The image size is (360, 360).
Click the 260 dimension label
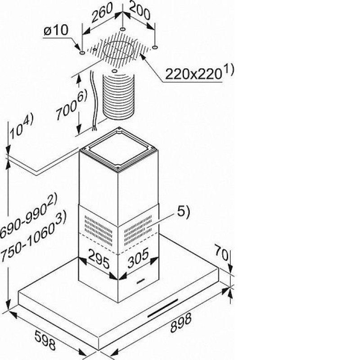click(x=102, y=12)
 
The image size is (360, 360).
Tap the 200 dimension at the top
click(x=140, y=11)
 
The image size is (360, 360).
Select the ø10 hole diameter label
click(x=56, y=30)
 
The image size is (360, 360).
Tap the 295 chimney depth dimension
click(x=99, y=259)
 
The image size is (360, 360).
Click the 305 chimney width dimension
click(x=138, y=258)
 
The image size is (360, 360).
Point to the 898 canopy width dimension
click(x=181, y=323)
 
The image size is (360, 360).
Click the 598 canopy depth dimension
click(x=45, y=340)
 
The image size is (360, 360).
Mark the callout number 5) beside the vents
click(x=183, y=211)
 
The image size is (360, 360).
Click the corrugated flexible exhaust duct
click(x=118, y=96)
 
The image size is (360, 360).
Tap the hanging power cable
click(x=94, y=101)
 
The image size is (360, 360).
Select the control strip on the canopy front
click(x=162, y=308)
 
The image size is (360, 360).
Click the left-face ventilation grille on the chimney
click(x=99, y=230)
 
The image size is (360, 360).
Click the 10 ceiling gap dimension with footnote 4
click(x=21, y=127)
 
